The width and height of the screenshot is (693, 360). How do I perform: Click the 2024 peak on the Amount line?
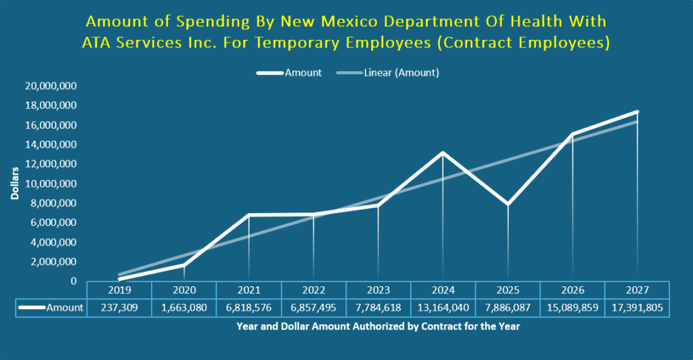point(443,153)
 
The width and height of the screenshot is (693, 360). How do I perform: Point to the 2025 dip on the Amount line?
point(508,204)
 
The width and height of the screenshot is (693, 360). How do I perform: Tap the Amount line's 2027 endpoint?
point(637,112)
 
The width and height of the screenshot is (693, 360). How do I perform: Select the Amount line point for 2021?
point(249,215)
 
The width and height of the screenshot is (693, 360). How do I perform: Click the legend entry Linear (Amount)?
point(388,73)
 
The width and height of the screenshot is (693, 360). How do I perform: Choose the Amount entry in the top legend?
point(290,73)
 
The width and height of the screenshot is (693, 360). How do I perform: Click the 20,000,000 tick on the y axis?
point(51,86)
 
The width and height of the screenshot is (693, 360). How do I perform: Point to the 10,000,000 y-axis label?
point(51,183)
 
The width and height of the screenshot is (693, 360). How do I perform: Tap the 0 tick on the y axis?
point(72,281)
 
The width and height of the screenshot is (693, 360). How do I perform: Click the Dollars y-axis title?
point(15,183)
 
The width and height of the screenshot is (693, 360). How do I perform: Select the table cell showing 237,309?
point(119,308)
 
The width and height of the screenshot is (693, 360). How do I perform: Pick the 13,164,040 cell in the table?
point(443,308)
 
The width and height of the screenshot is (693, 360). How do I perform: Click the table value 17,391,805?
point(637,308)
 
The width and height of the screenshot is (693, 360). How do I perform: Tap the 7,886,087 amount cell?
point(508,308)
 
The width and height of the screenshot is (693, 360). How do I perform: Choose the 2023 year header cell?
point(378,290)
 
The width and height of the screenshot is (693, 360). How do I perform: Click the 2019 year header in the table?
point(119,290)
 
